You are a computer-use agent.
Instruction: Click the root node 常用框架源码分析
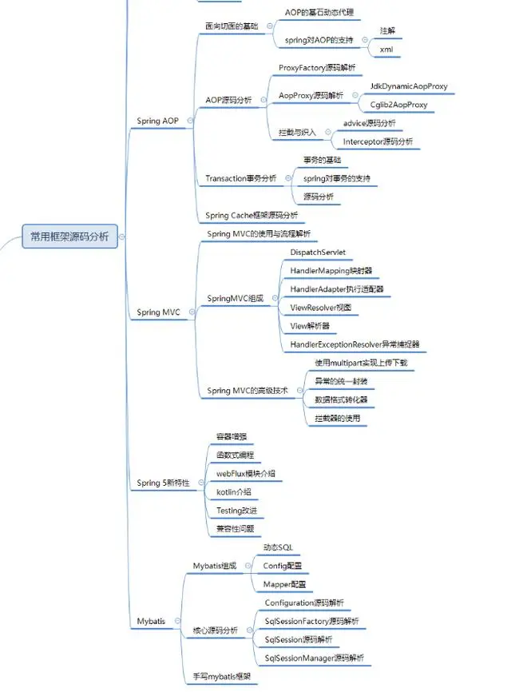[x=70, y=237]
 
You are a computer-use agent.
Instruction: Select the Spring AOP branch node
[x=158, y=121]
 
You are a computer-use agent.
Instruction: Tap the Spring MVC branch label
[x=158, y=312]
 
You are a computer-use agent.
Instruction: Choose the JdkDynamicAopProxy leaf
[x=409, y=86]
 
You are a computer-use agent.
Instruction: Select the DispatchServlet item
[x=318, y=252]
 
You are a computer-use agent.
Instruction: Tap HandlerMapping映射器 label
[x=331, y=271]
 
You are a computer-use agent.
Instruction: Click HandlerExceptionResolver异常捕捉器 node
[x=355, y=344]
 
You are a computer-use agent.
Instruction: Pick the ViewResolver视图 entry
[x=320, y=308]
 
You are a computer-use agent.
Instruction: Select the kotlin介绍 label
[x=233, y=491]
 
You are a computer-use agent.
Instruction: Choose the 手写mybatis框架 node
[x=221, y=677]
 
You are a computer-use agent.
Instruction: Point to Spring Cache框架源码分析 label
[x=252, y=215]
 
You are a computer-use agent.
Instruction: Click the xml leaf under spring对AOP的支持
[x=386, y=49]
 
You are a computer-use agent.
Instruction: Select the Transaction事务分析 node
[x=241, y=178]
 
